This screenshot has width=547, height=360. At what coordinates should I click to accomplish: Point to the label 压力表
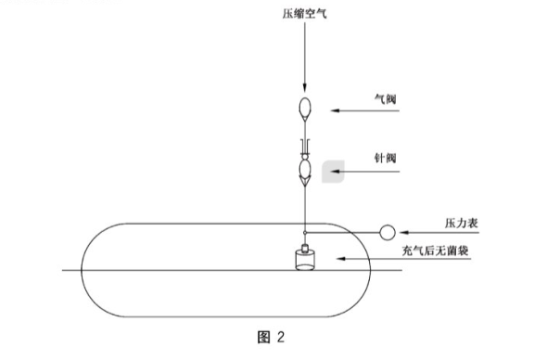460,224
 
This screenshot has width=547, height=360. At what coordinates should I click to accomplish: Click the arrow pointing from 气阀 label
366,110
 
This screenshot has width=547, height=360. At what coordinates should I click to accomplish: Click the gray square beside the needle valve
331,171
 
